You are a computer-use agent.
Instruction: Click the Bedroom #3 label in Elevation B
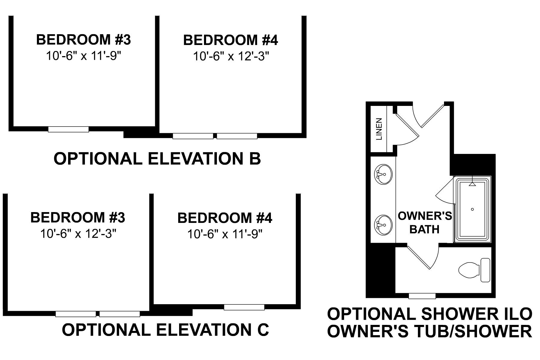(83, 40)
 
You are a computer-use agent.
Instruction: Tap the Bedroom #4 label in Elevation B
(230, 40)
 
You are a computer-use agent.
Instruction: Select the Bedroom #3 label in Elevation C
(77, 217)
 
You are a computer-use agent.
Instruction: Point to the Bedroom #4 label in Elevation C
(225, 218)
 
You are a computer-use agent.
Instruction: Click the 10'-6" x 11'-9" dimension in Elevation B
(83, 56)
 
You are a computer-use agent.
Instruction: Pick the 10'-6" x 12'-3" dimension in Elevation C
(78, 234)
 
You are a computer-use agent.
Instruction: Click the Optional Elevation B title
(157, 158)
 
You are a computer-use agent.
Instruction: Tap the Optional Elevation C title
(165, 330)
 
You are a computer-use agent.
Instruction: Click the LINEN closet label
(379, 129)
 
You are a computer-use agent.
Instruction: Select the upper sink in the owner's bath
(383, 174)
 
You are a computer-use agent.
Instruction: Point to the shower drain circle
(472, 209)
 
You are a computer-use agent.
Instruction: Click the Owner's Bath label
(424, 222)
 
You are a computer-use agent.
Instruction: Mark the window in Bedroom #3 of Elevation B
(68, 129)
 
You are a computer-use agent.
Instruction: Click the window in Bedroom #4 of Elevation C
(244, 307)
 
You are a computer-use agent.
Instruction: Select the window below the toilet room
(422, 296)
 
